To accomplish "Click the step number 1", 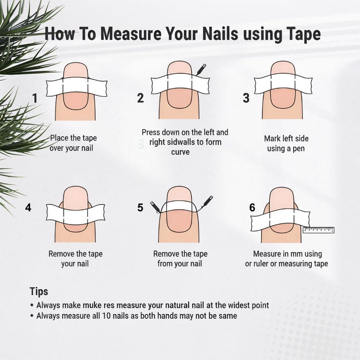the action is point(35,98).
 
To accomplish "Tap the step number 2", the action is point(141,98).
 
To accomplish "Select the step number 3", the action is point(246,98).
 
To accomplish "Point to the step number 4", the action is point(28,208).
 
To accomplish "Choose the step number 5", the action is point(140,208).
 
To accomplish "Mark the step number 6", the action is point(252,208).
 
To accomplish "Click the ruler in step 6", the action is point(318,230).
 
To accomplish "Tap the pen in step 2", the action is point(201,69).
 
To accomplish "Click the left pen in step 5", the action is point(156,207).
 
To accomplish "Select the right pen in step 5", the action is point(207,202).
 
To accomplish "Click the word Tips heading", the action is point(39,292).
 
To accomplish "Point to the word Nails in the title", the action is point(220,34).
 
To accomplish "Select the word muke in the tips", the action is point(92,305).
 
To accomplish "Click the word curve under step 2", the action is point(180,152).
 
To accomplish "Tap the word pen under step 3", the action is point(298,149).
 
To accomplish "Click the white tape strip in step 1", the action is point(77,88).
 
